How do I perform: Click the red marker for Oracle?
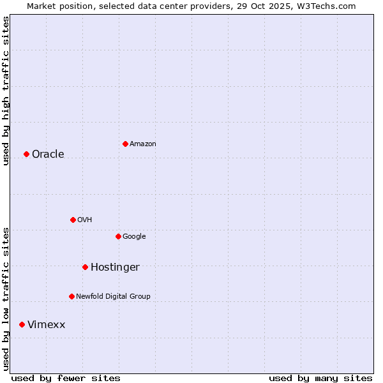(x=26, y=154)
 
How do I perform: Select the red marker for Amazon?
(x=125, y=144)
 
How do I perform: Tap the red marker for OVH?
(x=73, y=220)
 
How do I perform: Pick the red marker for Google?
(x=118, y=236)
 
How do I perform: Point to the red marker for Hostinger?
(x=85, y=267)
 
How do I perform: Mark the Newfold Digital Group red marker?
(x=71, y=296)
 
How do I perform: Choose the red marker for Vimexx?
(x=22, y=324)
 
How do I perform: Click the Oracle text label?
(x=48, y=154)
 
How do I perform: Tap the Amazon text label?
(x=142, y=144)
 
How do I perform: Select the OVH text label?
(x=84, y=220)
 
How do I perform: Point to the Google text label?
(x=134, y=236)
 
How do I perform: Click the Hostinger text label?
(x=115, y=267)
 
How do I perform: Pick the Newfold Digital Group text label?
(x=113, y=296)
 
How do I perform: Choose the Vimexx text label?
(x=46, y=324)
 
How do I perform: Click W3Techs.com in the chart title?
(x=327, y=6)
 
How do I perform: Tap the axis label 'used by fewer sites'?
(x=65, y=378)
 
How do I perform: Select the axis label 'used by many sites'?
(x=320, y=378)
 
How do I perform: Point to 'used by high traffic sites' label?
(x=6, y=91)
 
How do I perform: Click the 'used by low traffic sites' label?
(x=6, y=299)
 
